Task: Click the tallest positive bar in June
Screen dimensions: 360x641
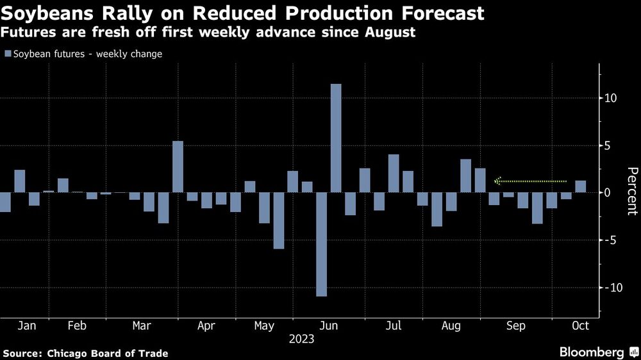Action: coord(336,138)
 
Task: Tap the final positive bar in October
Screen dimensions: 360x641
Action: coord(581,186)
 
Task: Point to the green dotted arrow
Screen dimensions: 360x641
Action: coord(531,181)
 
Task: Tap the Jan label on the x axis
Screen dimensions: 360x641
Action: coord(27,326)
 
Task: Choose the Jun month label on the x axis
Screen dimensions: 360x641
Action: coord(329,326)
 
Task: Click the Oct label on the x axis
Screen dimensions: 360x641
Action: coord(579,326)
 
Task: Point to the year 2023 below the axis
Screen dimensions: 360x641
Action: coord(301,340)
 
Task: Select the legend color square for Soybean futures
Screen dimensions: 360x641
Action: coord(7,54)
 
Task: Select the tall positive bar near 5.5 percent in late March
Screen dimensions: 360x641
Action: coord(178,167)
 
